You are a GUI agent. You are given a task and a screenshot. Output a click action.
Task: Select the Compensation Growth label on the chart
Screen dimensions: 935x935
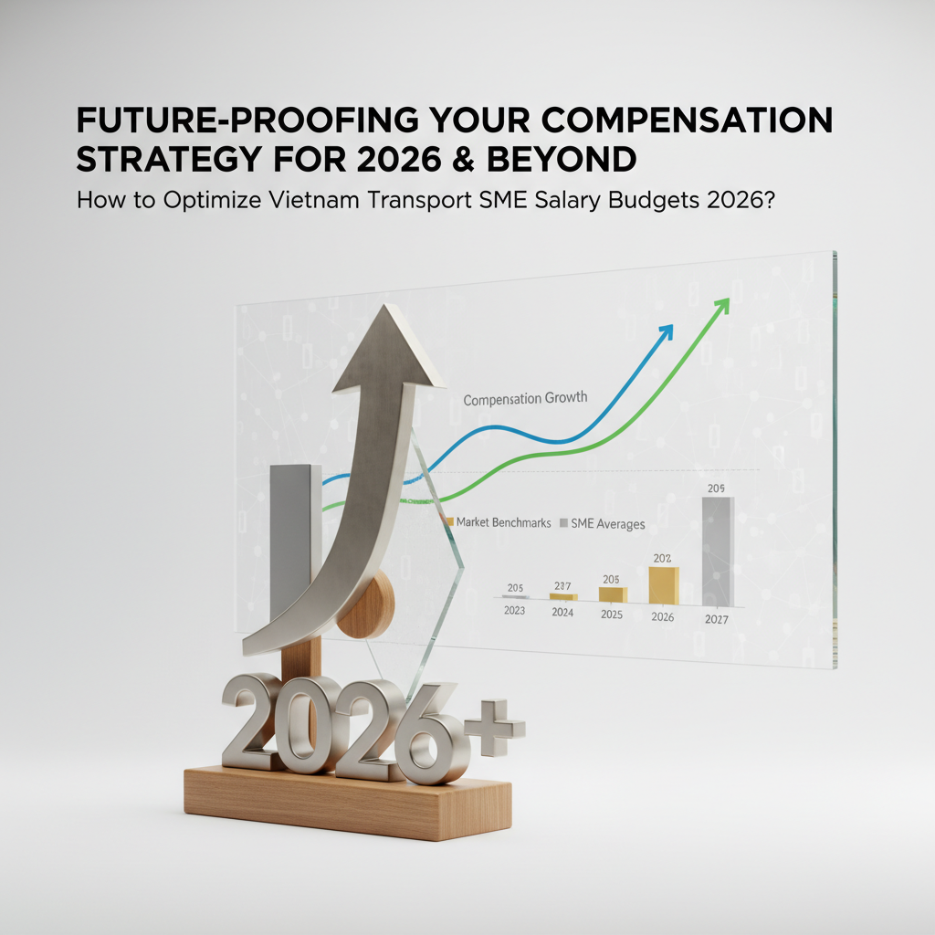point(525,399)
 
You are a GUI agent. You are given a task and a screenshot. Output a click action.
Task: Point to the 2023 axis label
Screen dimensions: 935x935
point(514,611)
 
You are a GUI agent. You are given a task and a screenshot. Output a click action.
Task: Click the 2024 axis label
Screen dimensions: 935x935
point(562,613)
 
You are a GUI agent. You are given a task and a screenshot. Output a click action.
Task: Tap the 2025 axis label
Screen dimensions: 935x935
point(612,615)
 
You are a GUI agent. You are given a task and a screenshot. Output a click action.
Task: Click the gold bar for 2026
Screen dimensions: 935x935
point(663,585)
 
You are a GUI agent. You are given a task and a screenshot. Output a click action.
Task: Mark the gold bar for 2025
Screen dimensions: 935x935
point(612,594)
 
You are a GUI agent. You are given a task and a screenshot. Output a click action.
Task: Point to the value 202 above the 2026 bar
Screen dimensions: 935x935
point(663,558)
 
